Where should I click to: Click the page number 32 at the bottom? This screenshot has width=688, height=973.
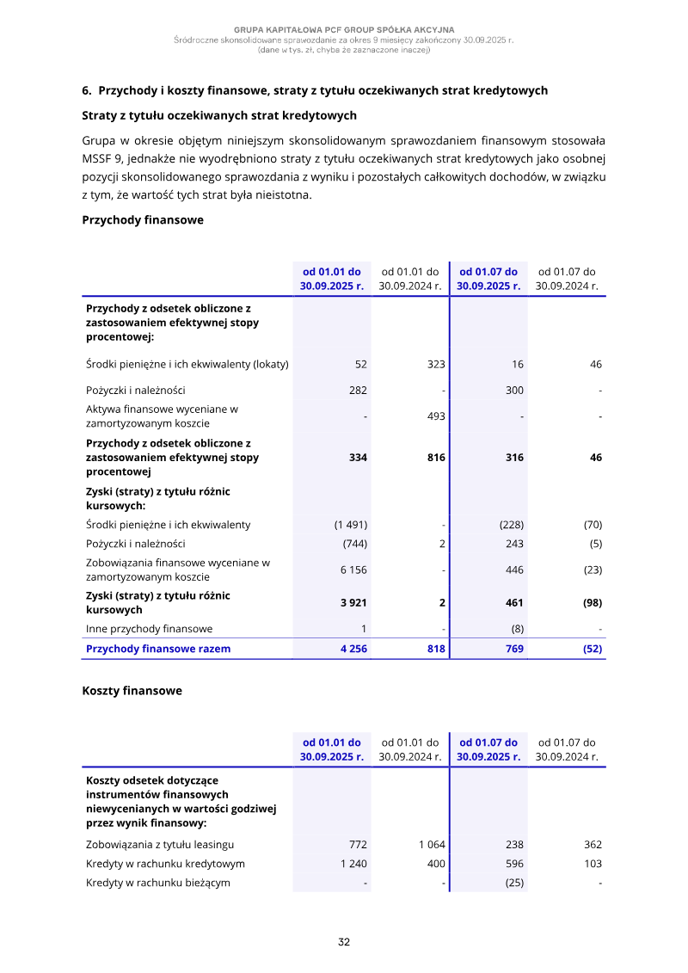[344, 942]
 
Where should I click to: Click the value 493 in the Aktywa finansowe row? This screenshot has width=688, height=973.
[436, 416]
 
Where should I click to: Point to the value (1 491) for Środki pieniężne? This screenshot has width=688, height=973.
[351, 525]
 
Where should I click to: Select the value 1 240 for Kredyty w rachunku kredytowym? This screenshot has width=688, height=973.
[353, 864]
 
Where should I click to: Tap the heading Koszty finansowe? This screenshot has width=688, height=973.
[132, 690]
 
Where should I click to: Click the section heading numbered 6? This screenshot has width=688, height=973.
[314, 90]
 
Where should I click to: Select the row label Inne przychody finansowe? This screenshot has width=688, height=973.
[150, 629]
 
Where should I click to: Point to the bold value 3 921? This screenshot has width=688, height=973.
[353, 602]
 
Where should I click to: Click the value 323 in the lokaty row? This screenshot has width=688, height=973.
[436, 365]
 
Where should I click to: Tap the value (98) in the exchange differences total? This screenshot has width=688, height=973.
[592, 602]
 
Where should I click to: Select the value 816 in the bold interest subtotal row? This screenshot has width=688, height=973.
[435, 458]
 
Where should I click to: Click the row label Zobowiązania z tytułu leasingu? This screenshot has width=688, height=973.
[160, 845]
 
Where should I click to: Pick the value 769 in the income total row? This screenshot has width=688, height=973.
[514, 649]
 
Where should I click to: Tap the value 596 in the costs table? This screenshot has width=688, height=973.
[513, 864]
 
